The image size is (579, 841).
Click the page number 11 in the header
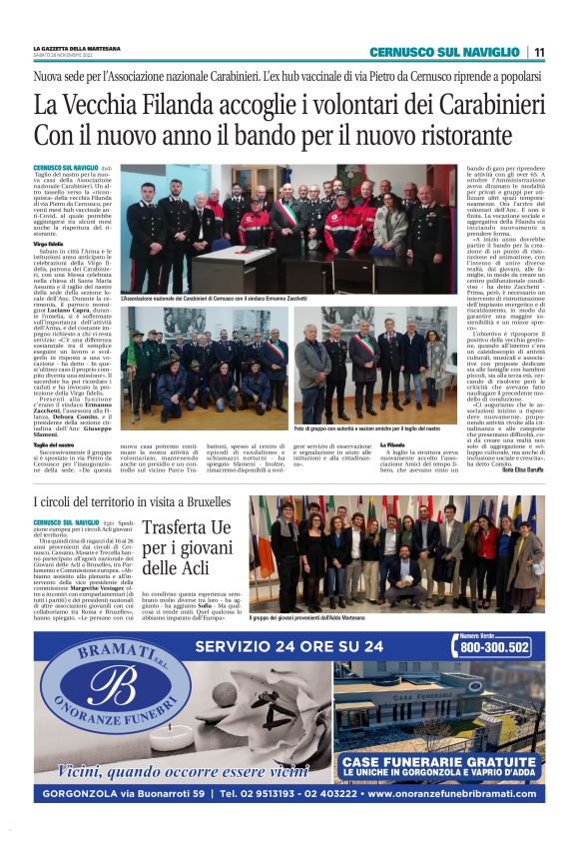click(x=539, y=52)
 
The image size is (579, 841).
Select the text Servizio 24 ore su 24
click(x=289, y=645)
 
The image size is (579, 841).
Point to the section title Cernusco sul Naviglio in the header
click(x=445, y=52)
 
